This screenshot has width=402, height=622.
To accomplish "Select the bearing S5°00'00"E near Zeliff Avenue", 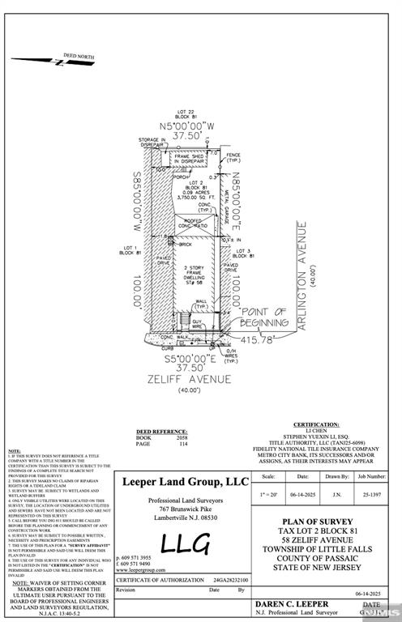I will (188, 357).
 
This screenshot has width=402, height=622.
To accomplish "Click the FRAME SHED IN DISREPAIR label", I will (189, 159).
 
